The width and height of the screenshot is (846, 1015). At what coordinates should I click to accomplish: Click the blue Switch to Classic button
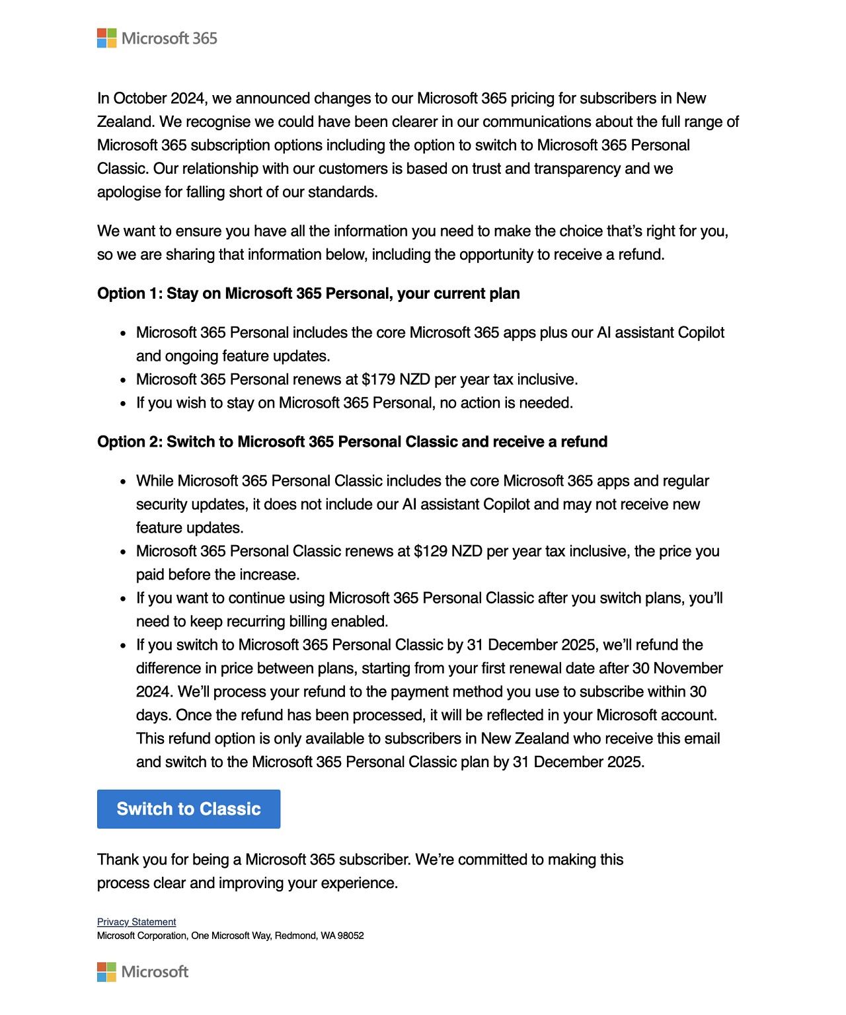(188, 809)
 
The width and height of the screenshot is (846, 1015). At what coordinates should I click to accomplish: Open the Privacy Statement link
(136, 922)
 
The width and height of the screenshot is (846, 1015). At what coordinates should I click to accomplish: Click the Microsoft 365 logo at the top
(157, 38)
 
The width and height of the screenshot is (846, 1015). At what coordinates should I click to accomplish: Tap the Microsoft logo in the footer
(143, 971)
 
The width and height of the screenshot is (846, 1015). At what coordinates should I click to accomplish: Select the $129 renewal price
(430, 551)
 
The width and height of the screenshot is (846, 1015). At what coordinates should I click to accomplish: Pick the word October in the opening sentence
(140, 98)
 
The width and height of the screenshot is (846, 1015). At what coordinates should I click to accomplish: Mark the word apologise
(128, 192)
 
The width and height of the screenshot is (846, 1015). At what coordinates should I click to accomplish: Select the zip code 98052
(351, 936)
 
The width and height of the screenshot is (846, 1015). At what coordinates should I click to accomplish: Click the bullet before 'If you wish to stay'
(123, 403)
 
